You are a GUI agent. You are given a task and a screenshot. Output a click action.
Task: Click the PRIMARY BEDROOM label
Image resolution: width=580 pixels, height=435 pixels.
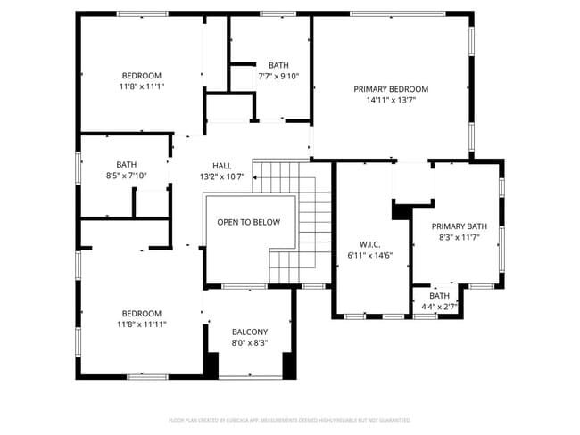pyautogui.click(x=391, y=89)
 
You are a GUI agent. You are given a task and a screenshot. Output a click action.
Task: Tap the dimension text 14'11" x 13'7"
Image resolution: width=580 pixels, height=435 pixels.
pyautogui.click(x=391, y=100)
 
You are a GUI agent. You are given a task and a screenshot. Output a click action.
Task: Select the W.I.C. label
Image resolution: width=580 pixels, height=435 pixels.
pyautogui.click(x=370, y=244)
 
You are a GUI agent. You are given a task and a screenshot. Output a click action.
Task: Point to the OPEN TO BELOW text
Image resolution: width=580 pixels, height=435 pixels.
pyautogui.click(x=248, y=223)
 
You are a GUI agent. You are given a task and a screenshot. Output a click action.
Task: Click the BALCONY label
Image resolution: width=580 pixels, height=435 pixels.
pyautogui.click(x=250, y=332)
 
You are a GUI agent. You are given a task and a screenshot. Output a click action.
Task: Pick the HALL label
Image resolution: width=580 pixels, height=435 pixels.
pyautogui.click(x=222, y=166)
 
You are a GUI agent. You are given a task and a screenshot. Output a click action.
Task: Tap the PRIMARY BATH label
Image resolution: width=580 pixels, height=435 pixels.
pyautogui.click(x=460, y=227)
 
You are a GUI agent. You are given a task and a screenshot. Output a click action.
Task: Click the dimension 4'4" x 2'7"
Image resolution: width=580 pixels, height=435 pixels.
pyautogui.click(x=439, y=307)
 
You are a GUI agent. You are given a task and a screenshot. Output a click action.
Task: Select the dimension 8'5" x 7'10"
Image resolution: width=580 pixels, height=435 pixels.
pyautogui.click(x=126, y=176)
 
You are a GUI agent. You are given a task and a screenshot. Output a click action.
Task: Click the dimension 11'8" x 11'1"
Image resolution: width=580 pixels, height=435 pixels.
pyautogui.click(x=142, y=86)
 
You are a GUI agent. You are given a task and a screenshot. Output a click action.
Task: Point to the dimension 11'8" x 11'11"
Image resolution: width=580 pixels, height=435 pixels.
pyautogui.click(x=142, y=324)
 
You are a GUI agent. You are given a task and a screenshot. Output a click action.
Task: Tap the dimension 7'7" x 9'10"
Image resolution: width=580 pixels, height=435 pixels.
pyautogui.click(x=278, y=76)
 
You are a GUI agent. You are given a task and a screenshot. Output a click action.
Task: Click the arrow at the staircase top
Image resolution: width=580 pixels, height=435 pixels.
pyautogui.click(x=256, y=177)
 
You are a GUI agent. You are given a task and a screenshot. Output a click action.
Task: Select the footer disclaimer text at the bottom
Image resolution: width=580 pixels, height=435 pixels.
pyautogui.click(x=289, y=419)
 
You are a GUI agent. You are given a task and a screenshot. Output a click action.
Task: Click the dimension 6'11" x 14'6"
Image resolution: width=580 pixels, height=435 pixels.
pyautogui.click(x=370, y=255)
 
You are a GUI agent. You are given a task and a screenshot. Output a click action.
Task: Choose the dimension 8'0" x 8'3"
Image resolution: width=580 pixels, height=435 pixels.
pyautogui.click(x=250, y=342)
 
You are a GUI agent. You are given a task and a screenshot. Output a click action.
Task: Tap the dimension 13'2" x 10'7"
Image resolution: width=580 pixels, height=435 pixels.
pyautogui.click(x=222, y=176)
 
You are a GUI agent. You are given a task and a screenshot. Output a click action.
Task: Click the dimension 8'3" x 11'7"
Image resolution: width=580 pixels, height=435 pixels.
pyautogui.click(x=460, y=238)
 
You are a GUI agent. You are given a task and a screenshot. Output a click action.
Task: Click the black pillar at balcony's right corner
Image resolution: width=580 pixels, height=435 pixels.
pyautogui.click(x=289, y=365)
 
